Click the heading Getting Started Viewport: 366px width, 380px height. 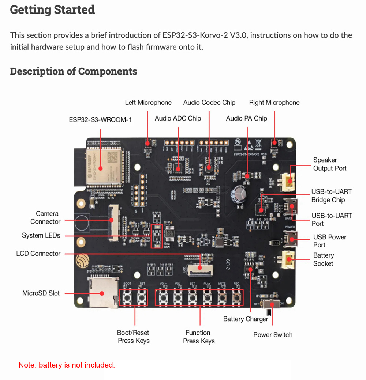[52, 10]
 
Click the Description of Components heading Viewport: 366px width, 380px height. [74, 71]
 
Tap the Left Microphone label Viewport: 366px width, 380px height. [148, 103]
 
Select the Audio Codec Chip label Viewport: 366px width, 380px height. [209, 103]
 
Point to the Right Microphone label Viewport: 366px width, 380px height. [274, 103]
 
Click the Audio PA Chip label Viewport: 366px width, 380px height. [247, 118]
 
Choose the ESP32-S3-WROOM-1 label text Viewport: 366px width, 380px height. [100, 119]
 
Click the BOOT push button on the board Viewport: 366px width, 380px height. [127, 297]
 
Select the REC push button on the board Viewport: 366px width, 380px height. [236, 297]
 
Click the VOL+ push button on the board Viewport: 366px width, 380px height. [163, 297]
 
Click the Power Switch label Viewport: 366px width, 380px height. [273, 335]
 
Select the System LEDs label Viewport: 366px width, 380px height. [41, 236]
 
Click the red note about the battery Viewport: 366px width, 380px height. [67, 365]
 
